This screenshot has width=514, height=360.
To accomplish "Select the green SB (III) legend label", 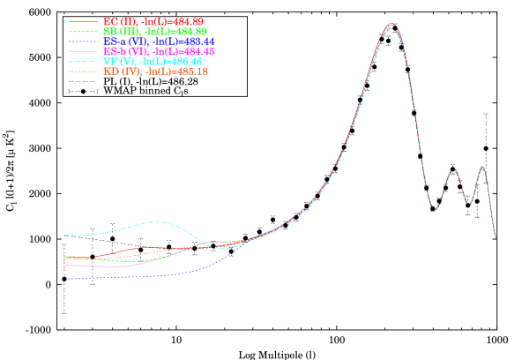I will [154, 31].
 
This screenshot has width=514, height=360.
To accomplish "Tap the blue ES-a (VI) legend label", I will [158, 41].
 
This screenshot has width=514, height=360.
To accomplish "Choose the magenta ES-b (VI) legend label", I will [158, 51].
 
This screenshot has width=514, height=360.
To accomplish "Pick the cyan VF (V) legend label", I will [153, 62].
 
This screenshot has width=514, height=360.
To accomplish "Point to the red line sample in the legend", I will [83, 20].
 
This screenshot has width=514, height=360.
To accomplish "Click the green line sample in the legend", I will [83, 31].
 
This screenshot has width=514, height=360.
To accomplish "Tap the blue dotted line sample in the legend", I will [83, 41].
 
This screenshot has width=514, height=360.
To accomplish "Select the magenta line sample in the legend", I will [83, 51].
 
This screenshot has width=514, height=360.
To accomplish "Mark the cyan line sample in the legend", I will [83, 62].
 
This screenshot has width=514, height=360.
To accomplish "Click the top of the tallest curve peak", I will [391, 25].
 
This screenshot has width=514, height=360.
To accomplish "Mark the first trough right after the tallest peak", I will [435, 208].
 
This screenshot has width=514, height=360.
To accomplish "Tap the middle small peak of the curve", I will [453, 171].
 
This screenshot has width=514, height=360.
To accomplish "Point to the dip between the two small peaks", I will [469, 203].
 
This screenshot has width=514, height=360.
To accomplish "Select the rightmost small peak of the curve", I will [482, 167].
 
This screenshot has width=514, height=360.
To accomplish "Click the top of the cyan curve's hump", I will [157, 221].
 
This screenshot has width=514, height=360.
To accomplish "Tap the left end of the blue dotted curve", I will [65, 279].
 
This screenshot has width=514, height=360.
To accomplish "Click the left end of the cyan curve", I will [65, 235].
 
